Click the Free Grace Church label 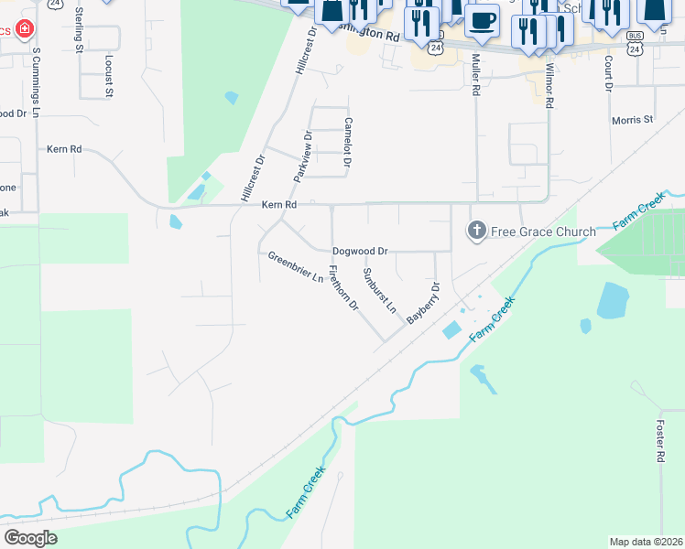point(543,231)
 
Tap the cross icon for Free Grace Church point(476,231)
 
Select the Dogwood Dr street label point(360,250)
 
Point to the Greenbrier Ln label point(296,267)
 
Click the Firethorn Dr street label point(342,288)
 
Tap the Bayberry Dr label point(424,303)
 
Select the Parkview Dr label point(303,155)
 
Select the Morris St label point(632,120)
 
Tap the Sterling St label point(80,29)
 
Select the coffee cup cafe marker point(482,20)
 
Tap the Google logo point(30,537)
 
